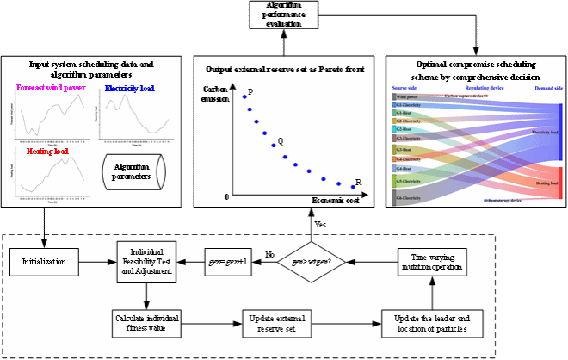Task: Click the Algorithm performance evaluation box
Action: coord(283,16)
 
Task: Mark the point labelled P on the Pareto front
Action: coord(244,97)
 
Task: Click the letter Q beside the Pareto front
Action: coord(280,141)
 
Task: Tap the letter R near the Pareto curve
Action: coord(358,181)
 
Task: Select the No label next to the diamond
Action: coord(269,254)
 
